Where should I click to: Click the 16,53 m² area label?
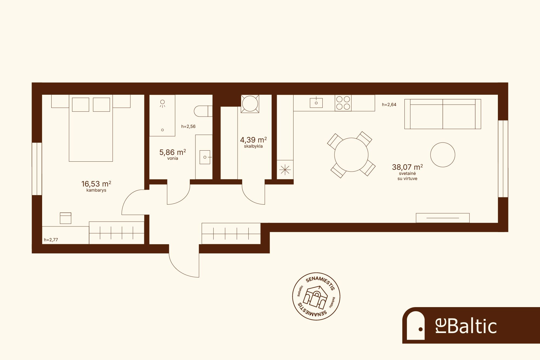pos(96,184)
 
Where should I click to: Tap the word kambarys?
pos(96,190)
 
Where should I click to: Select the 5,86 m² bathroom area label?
pos(173,152)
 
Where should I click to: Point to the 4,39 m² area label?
pos(253,140)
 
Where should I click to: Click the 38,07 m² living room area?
pos(407,167)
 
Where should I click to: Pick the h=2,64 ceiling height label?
pos(389,105)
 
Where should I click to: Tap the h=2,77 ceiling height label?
pos(51,240)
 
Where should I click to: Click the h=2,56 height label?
pos(188,126)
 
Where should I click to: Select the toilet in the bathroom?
pos(203,111)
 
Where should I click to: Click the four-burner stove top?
pos(343,103)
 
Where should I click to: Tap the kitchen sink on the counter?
pos(316,103)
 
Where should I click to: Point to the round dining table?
pos(351,155)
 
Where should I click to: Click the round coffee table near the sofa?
pos(443,155)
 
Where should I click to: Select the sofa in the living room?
pos(443,114)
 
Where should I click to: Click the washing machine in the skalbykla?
pos(250,104)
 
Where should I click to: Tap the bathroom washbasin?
pos(205,157)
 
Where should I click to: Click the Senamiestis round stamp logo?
pos(316,296)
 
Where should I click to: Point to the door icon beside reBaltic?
pos(416,325)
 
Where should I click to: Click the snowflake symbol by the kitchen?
pos(285,170)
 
